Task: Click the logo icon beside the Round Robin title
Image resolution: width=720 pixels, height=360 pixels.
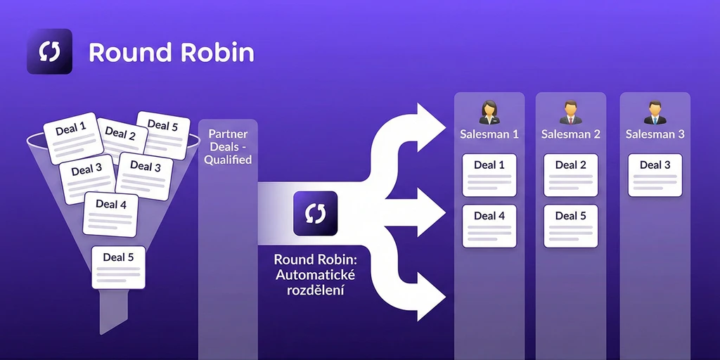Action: pos(49,51)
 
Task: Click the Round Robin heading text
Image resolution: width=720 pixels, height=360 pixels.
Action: pos(172,53)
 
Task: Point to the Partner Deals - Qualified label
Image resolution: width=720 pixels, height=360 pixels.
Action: pos(228,146)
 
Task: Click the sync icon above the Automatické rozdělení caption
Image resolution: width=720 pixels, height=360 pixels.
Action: pos(315,213)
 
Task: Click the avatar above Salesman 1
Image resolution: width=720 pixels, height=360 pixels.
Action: pos(489,111)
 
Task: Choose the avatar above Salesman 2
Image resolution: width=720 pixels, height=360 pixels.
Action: pos(570,111)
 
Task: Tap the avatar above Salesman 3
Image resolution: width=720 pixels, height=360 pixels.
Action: pos(655,111)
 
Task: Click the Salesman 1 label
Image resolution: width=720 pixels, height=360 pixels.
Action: pos(489,134)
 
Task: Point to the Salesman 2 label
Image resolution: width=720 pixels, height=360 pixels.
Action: pos(571,134)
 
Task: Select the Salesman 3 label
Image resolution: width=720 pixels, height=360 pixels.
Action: pos(655,134)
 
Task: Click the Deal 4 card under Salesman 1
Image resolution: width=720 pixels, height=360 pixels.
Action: pos(489,225)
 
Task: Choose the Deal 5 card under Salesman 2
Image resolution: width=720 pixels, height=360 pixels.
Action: pos(571,225)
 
